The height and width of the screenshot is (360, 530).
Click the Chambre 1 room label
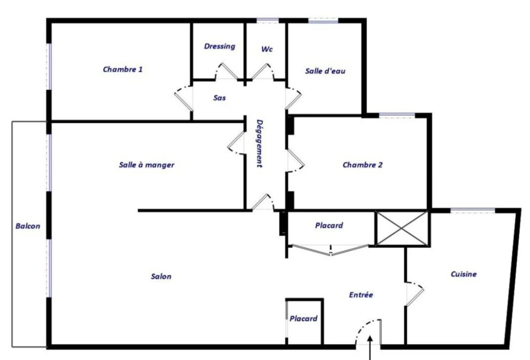[x=123, y=69]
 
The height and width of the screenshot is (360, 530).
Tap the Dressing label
[x=219, y=46]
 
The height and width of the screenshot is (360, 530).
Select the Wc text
[x=267, y=49]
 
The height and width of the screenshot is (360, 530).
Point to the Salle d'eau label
[x=325, y=71]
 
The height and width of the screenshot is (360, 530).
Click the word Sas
[x=219, y=98]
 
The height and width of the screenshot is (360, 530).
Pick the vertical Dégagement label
[x=259, y=143]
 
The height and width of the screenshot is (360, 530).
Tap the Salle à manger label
[x=146, y=165]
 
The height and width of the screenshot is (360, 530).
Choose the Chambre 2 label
[x=363, y=165]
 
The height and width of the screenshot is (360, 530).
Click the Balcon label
[x=28, y=226]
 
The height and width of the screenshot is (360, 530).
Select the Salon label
[x=161, y=276]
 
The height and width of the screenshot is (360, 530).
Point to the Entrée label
[x=361, y=295]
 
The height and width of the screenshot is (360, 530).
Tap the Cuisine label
[x=464, y=274]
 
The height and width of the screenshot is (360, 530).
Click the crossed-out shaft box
[x=402, y=228]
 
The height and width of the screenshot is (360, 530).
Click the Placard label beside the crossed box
[x=329, y=225]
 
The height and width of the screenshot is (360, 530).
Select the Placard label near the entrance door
[x=303, y=319]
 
